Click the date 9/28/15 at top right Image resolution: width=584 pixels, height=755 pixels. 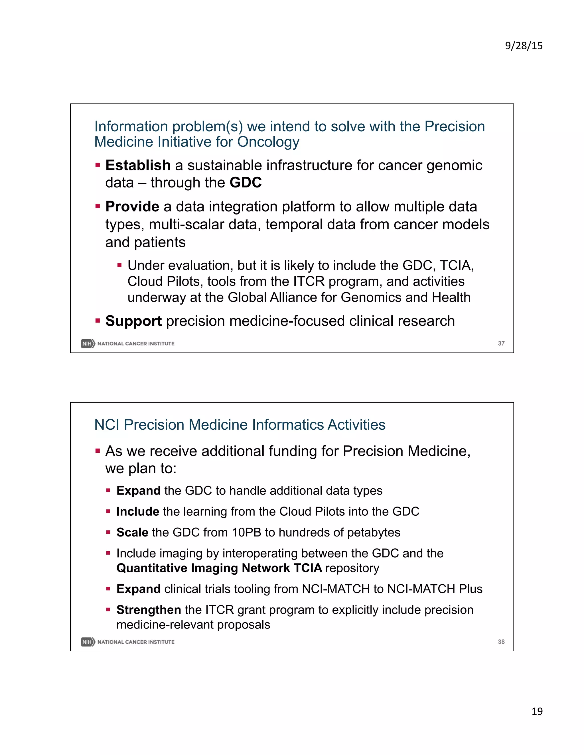point(524,46)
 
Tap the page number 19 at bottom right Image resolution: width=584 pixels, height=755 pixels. point(537,711)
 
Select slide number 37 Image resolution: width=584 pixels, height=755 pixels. point(501,343)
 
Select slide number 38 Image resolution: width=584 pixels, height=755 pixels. point(501,642)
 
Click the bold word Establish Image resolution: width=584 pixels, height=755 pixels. point(138,165)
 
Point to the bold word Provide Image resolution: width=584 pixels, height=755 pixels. point(132,207)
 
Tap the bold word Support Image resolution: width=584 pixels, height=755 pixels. point(133,321)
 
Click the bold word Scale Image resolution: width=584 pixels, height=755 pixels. point(132,532)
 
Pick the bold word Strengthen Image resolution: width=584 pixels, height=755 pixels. point(148,610)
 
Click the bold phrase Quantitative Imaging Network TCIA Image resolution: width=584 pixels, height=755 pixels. point(219,568)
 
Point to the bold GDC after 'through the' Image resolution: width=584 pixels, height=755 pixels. point(246,183)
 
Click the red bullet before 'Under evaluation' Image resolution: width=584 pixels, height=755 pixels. point(120,266)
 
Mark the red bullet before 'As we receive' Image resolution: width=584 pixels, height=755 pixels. point(98,451)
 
